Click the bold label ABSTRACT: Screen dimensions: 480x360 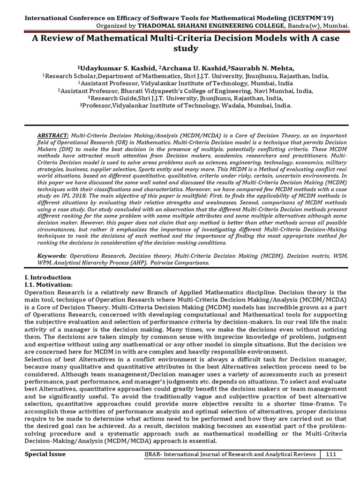pyautogui.click(x=52, y=135)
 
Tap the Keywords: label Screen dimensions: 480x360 pyautogui.click(x=52, y=256)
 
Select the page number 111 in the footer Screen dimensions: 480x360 pyautogui.click(x=331, y=455)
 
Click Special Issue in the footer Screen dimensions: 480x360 pyautogui.click(x=45, y=455)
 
